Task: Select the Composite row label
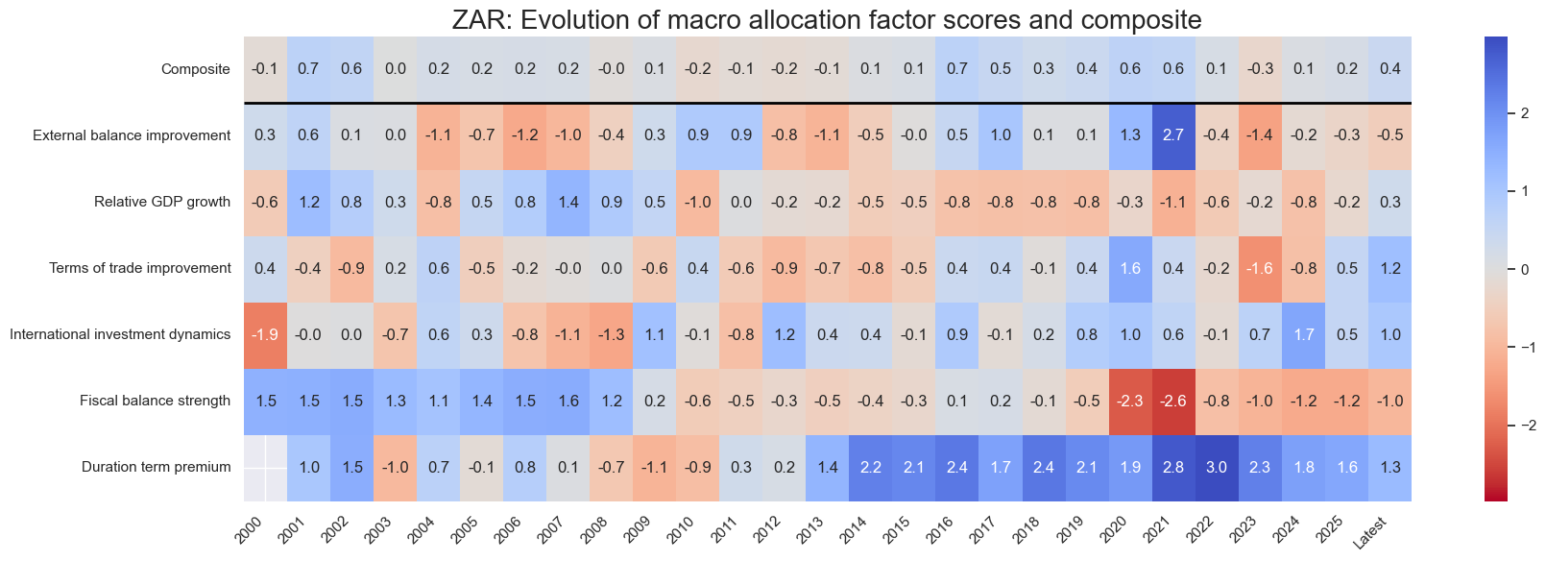pos(196,69)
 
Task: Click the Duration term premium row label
pos(156,468)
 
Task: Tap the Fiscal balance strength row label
pos(155,401)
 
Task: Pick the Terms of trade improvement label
pos(140,268)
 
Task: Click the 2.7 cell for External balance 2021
pos(1173,135)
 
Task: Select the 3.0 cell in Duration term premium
pos(1217,468)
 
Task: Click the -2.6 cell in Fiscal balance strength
pos(1173,401)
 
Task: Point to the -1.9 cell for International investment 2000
pos(266,334)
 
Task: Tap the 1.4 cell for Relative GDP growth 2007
pos(568,202)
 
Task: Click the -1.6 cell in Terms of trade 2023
pos(1260,268)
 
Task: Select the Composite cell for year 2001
pos(309,69)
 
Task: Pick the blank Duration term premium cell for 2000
pos(266,468)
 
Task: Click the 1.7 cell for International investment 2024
pos(1303,334)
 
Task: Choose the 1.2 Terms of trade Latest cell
pos(1389,268)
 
